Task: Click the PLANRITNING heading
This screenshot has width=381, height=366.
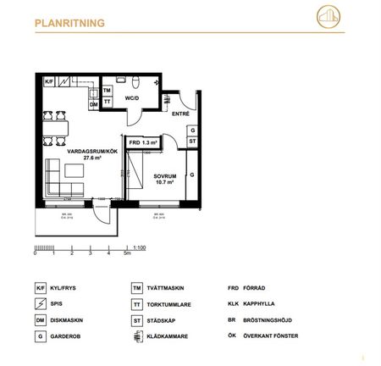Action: click(x=69, y=25)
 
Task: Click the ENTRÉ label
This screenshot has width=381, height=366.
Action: click(x=180, y=114)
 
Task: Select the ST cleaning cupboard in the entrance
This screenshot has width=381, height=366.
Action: click(x=191, y=141)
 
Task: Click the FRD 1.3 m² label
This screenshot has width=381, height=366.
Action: click(x=143, y=142)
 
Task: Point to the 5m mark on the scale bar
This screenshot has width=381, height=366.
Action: click(x=126, y=254)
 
